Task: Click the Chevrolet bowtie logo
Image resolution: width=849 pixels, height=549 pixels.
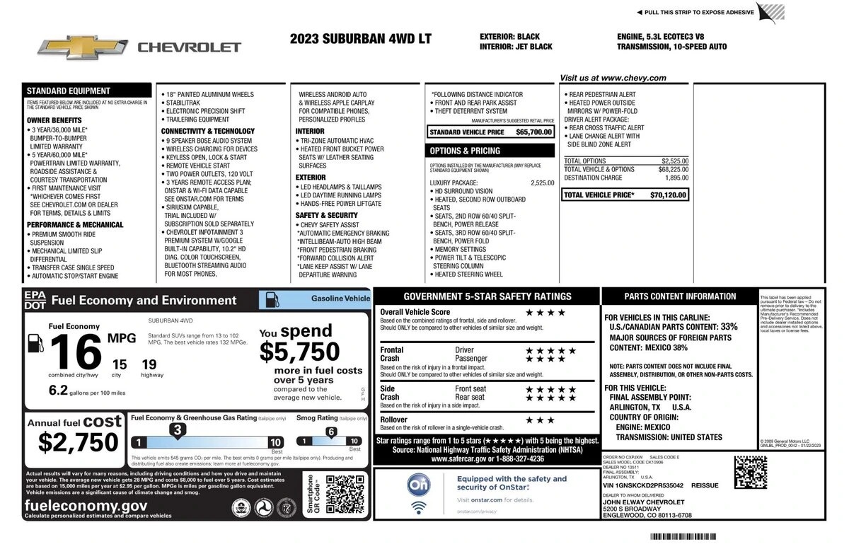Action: [83, 47]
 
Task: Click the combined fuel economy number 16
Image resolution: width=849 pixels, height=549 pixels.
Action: [74, 349]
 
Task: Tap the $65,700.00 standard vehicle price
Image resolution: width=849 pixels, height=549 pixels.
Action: [533, 132]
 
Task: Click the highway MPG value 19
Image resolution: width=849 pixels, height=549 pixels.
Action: [149, 365]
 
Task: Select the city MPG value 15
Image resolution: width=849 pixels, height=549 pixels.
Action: [119, 365]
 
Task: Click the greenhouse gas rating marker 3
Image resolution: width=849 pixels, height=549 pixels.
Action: [179, 429]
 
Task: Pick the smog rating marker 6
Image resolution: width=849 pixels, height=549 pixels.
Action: [330, 432]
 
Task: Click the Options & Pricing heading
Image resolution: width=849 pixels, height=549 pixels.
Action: [465, 151]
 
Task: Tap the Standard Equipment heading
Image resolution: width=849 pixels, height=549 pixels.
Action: [69, 91]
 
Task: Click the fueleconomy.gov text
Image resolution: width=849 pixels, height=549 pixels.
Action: [86, 505]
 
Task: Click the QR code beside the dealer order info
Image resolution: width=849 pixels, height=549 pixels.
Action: [751, 473]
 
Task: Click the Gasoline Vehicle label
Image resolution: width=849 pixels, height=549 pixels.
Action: [340, 299]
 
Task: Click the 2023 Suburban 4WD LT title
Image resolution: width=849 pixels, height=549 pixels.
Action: [360, 39]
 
